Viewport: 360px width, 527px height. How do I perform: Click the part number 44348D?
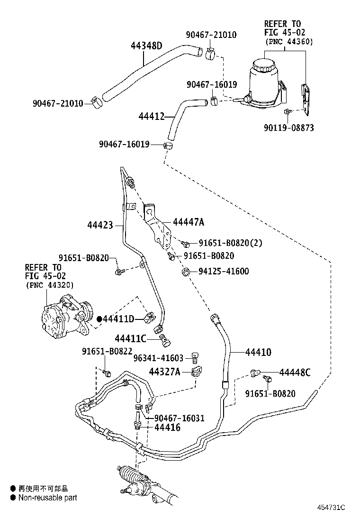tap(146, 46)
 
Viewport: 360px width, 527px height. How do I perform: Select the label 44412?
tap(151, 116)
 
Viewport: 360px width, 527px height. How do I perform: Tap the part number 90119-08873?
tap(289, 128)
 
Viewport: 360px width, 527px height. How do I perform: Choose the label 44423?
tap(100, 225)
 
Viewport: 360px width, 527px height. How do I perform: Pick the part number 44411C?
tap(130, 338)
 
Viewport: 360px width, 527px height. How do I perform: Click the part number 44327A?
tap(164, 371)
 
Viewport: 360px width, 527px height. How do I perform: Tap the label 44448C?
tap(295, 372)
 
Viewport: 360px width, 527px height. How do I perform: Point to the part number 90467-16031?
tap(179, 418)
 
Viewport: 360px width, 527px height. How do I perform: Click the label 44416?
tap(167, 427)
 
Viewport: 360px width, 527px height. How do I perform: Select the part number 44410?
tap(258, 352)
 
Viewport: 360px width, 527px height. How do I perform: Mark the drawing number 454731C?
tap(331, 508)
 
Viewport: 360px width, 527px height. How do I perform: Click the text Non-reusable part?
tap(47, 498)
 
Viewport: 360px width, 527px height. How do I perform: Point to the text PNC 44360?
tap(289, 42)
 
